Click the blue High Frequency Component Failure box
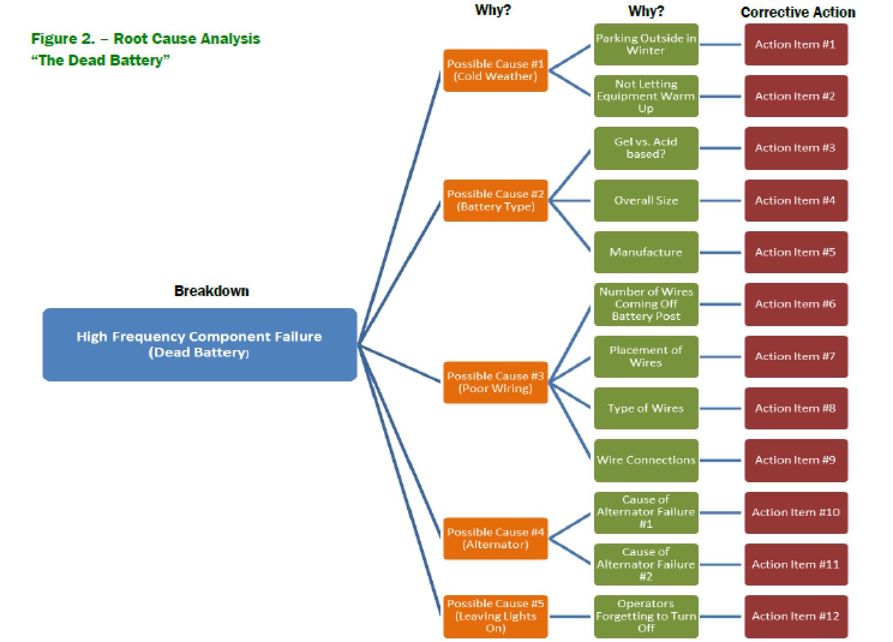[199, 344]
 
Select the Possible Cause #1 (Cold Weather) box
[495, 70]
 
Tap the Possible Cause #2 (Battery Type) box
[495, 201]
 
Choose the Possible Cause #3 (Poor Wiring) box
[495, 382]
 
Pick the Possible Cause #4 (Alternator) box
[495, 538]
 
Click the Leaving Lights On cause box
[495, 616]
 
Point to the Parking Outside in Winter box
[646, 44]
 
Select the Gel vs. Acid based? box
[646, 148]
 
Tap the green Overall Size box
[646, 201]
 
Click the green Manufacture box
[646, 252]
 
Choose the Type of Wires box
[646, 408]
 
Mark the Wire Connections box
[646, 460]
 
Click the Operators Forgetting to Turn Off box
[646, 616]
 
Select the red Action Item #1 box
[796, 44]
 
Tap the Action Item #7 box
[796, 357]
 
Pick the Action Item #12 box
[796, 616]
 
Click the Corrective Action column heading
[798, 12]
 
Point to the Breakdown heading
[211, 291]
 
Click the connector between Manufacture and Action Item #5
[721, 252]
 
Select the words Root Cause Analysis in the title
[187, 39]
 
